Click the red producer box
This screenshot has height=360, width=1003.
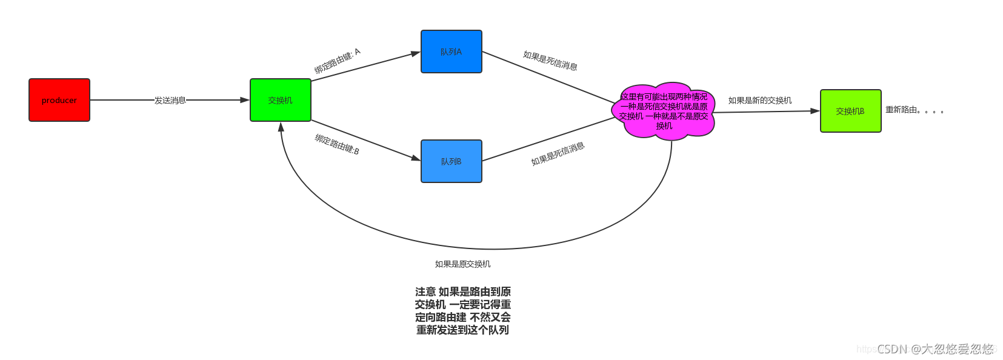(59, 100)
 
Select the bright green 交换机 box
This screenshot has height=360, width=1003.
(281, 100)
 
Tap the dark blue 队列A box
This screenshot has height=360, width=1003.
(452, 52)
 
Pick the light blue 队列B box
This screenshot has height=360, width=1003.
(452, 161)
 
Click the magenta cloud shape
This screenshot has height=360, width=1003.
(664, 111)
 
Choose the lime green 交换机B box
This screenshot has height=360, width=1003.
(850, 111)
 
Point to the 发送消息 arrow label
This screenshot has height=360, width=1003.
(170, 100)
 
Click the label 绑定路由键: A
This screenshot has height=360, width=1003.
(337, 61)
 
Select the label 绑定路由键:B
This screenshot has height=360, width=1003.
(337, 144)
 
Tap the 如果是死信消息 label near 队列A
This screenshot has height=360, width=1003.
(550, 61)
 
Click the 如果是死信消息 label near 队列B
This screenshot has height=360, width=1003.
(558, 154)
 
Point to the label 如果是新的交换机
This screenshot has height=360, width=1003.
(760, 101)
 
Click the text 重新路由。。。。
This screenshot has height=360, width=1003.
(915, 110)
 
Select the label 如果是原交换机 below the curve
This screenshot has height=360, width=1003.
(463, 264)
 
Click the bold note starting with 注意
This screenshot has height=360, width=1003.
(463, 311)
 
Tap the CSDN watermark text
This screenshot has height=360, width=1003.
(935, 349)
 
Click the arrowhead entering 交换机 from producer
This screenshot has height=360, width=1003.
(245, 100)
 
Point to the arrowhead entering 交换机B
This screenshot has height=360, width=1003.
(815, 111)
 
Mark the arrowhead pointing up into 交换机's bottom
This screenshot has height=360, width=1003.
(281, 127)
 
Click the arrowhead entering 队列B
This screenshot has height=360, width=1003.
(416, 158)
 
